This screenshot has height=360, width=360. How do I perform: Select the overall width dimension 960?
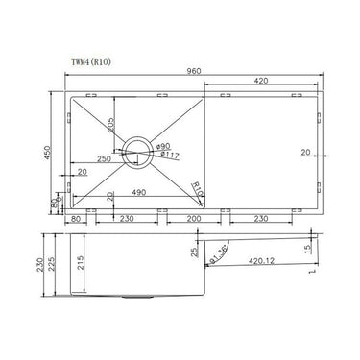point(193,74)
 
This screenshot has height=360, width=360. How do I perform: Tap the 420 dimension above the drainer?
point(260,83)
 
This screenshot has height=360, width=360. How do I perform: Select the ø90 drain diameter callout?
point(162,143)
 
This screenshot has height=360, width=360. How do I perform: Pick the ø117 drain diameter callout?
point(164,154)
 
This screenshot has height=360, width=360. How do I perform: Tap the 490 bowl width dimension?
point(139,193)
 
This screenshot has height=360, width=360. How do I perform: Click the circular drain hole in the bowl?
point(138,148)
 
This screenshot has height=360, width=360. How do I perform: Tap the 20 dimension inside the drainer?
point(304,150)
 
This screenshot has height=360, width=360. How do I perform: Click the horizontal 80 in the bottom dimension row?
point(77,218)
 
